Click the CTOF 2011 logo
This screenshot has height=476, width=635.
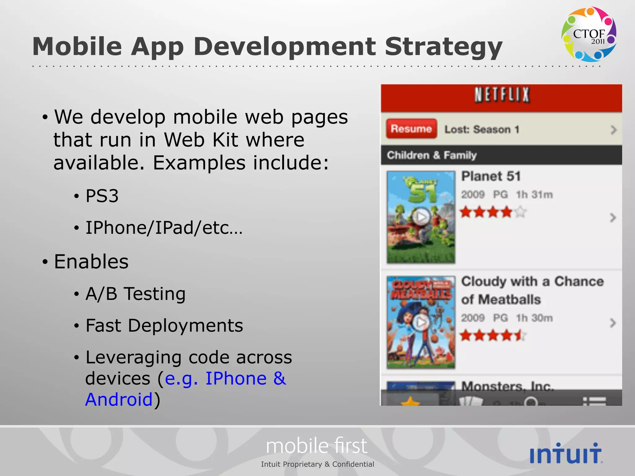pyautogui.click(x=588, y=34)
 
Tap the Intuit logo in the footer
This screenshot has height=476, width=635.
pyautogui.click(x=566, y=453)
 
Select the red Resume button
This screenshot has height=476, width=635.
pyautogui.click(x=411, y=129)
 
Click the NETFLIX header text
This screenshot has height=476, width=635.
pyautogui.click(x=502, y=95)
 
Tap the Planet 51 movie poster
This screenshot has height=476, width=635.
pyautogui.click(x=421, y=217)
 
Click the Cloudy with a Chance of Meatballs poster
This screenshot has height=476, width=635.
pyautogui.click(x=421, y=322)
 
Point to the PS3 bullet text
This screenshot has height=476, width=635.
pyautogui.click(x=102, y=196)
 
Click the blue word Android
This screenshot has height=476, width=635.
pyautogui.click(x=119, y=399)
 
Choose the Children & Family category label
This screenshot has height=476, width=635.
pyautogui.click(x=432, y=155)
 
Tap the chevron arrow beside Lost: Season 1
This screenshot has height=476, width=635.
pyautogui.click(x=613, y=130)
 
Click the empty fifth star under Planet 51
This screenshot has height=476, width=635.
pyautogui.click(x=521, y=212)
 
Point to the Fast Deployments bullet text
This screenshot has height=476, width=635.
pyautogui.click(x=164, y=325)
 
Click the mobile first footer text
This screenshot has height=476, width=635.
pyautogui.click(x=317, y=446)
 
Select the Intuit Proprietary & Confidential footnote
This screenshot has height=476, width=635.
pyautogui.click(x=317, y=464)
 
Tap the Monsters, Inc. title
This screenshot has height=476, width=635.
pyautogui.click(x=507, y=386)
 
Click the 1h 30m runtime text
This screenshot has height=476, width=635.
pyautogui.click(x=534, y=318)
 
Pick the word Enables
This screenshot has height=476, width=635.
pyautogui.click(x=91, y=262)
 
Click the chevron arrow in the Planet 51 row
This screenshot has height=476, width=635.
pyautogui.click(x=613, y=218)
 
